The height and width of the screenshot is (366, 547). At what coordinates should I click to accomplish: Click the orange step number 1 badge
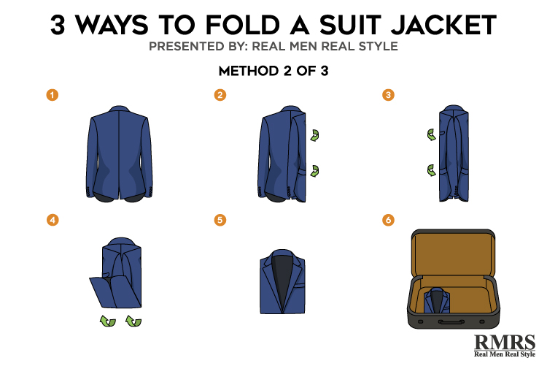point(53,95)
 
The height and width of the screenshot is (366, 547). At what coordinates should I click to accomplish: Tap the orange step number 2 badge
point(220,95)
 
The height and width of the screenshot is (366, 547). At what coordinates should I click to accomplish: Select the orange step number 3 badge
point(388,95)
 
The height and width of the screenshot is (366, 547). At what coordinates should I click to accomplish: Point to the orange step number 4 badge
point(53,220)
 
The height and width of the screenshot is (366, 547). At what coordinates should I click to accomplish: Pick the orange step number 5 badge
point(220,220)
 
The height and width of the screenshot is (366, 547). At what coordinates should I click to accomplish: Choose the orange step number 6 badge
point(388,220)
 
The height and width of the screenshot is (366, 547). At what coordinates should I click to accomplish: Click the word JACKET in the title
point(443,25)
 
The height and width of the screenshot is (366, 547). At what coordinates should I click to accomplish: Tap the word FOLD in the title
point(242,25)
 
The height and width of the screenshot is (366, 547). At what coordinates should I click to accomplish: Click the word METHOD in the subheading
point(249,71)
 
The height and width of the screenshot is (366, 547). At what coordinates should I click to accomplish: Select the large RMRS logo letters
point(505,342)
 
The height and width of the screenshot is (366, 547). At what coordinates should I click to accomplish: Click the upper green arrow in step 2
point(315,135)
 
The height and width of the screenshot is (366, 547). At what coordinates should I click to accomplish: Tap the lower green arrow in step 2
point(315,171)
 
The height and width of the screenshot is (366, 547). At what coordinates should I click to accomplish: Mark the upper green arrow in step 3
point(432,134)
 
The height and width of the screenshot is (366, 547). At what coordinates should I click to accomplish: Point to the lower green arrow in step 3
point(432,171)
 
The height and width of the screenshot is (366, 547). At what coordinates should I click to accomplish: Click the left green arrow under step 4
point(108,321)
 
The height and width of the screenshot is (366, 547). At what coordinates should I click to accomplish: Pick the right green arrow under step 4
point(133,321)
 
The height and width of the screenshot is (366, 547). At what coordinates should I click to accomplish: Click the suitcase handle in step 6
point(451,321)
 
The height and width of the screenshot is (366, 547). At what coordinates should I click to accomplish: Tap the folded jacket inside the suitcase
point(437,301)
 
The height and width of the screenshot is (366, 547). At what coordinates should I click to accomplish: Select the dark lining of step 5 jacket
point(282,280)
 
